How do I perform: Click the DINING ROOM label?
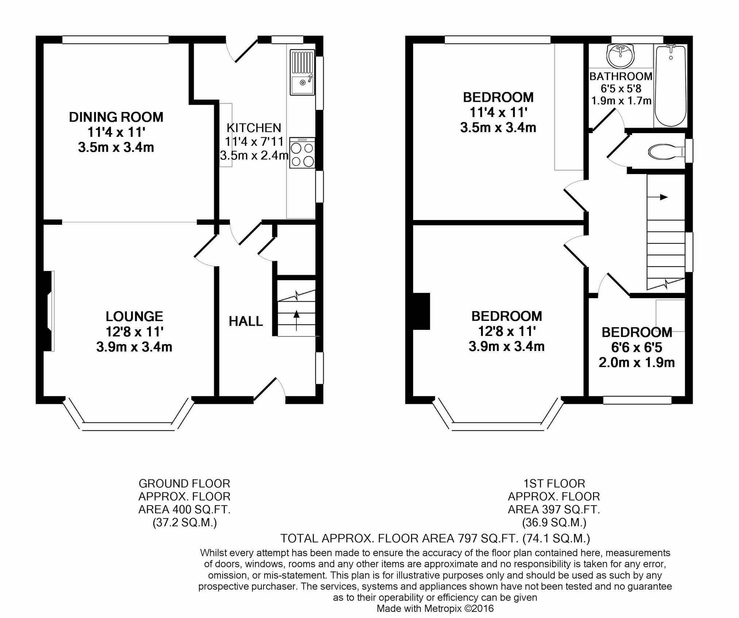click(116, 117)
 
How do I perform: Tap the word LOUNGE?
click(134, 316)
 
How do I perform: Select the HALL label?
click(246, 321)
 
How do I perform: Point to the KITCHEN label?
click(254, 128)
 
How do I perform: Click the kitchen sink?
click(302, 72)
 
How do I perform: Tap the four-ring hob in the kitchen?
click(302, 153)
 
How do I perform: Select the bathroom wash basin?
click(620, 56)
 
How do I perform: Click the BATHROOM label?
click(621, 76)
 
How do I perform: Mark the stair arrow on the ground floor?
click(296, 320)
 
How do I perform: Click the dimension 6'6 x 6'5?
click(637, 347)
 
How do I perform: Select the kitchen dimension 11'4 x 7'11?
click(254, 142)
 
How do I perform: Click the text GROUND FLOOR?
click(184, 484)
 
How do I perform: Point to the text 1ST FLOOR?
click(554, 484)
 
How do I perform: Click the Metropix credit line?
click(435, 609)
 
